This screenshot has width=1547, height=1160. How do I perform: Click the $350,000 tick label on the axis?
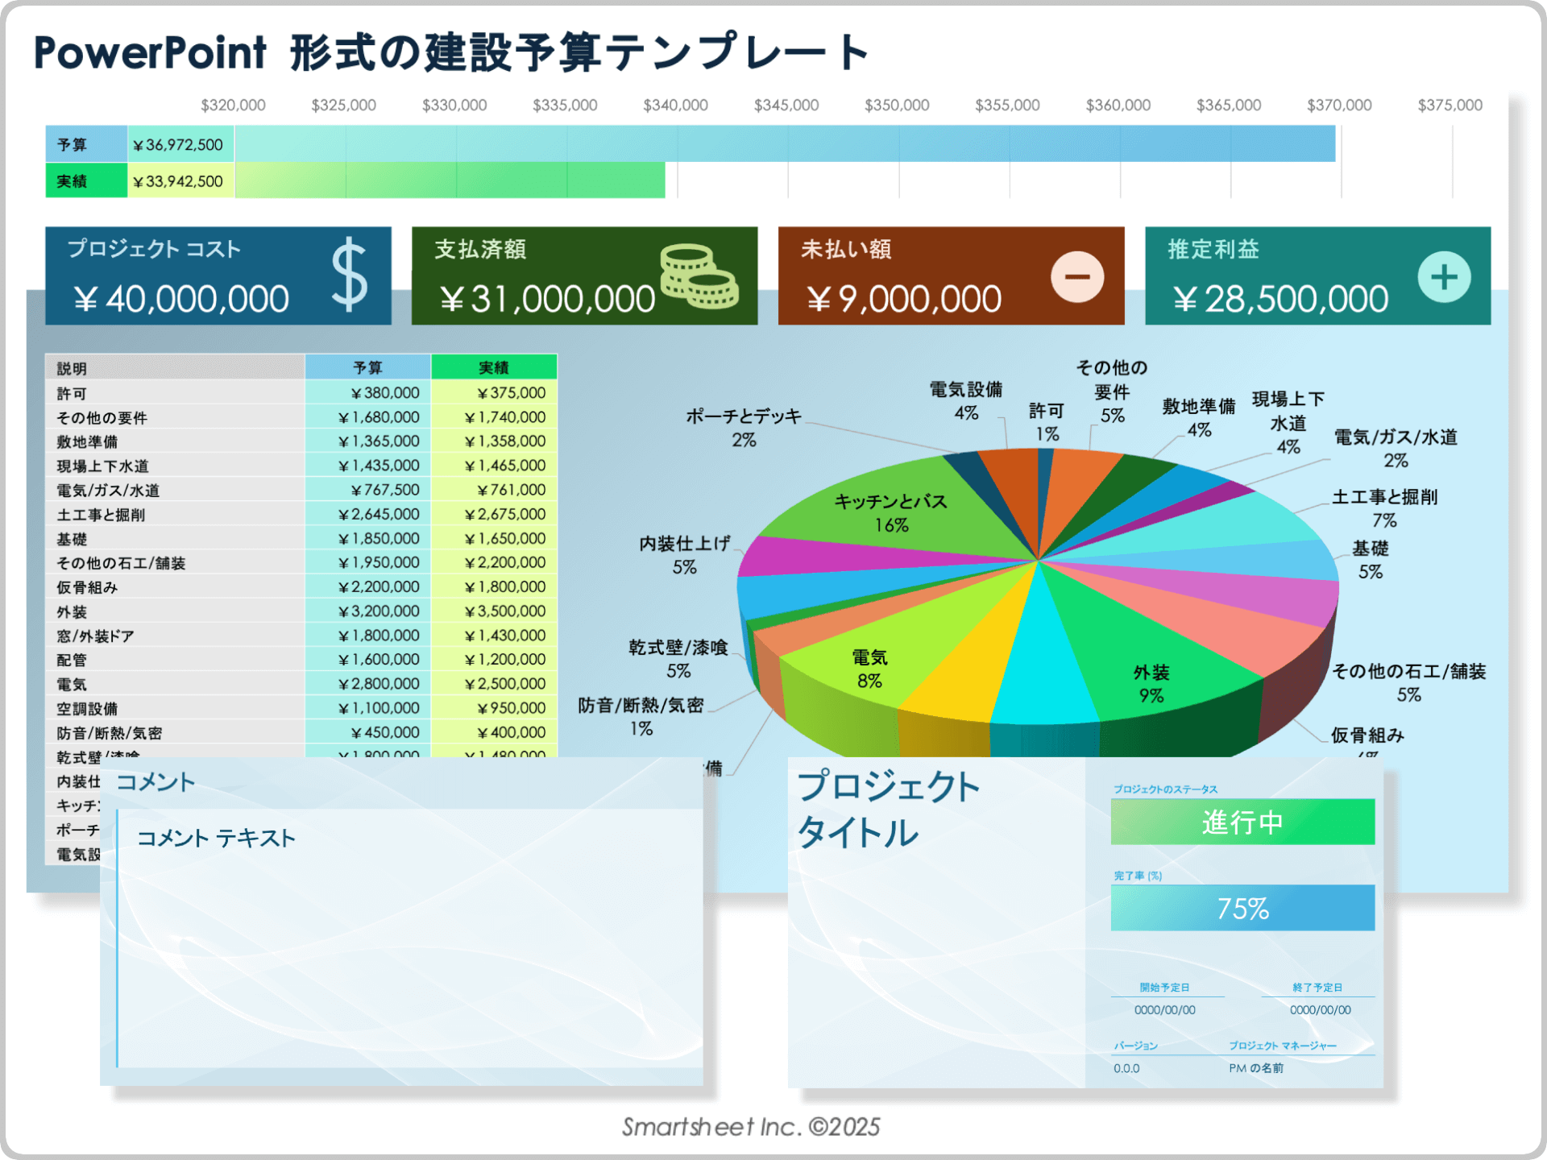[896, 106]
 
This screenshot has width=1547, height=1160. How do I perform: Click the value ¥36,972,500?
[179, 145]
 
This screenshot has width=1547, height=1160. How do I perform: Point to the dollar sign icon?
[350, 275]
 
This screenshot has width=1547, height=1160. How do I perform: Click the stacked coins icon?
[698, 277]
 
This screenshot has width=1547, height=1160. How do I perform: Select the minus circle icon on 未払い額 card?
[1076, 277]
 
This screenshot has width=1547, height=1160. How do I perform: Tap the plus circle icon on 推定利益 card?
[1444, 277]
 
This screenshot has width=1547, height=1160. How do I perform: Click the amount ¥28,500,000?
[1280, 300]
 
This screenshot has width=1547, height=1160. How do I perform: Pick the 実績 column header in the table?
[494, 367]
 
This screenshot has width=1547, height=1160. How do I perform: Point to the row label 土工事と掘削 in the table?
[102, 515]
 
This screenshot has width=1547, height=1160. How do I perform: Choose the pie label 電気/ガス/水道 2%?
[1396, 449]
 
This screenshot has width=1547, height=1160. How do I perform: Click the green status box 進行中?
[1242, 822]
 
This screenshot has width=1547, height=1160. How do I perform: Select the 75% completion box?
[1242, 908]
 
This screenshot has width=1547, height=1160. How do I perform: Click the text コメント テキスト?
[216, 839]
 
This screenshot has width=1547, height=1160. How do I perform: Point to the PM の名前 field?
[1256, 1068]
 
